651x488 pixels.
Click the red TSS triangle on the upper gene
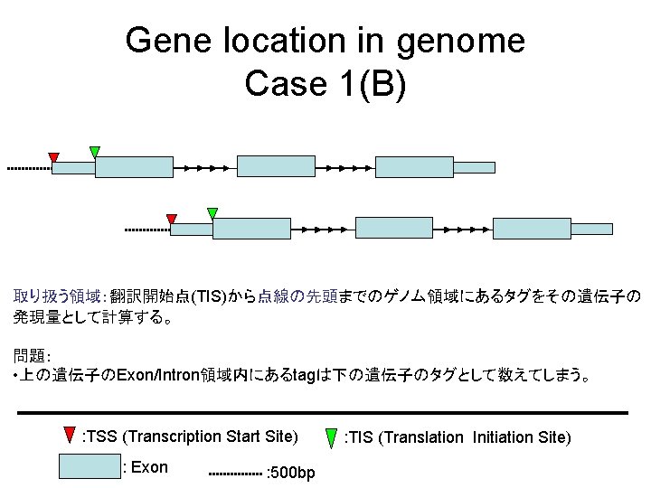53,157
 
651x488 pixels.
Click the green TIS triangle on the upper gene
95,151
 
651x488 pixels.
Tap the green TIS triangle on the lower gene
212,213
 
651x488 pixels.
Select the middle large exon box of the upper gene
276,166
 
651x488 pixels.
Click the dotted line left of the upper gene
28,168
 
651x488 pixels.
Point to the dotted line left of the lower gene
146,230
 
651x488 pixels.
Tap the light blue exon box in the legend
90,465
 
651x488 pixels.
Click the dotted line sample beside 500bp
235,473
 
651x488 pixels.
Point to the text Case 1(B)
325,83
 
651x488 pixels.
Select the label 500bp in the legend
292,473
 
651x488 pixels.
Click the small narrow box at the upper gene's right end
474,167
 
